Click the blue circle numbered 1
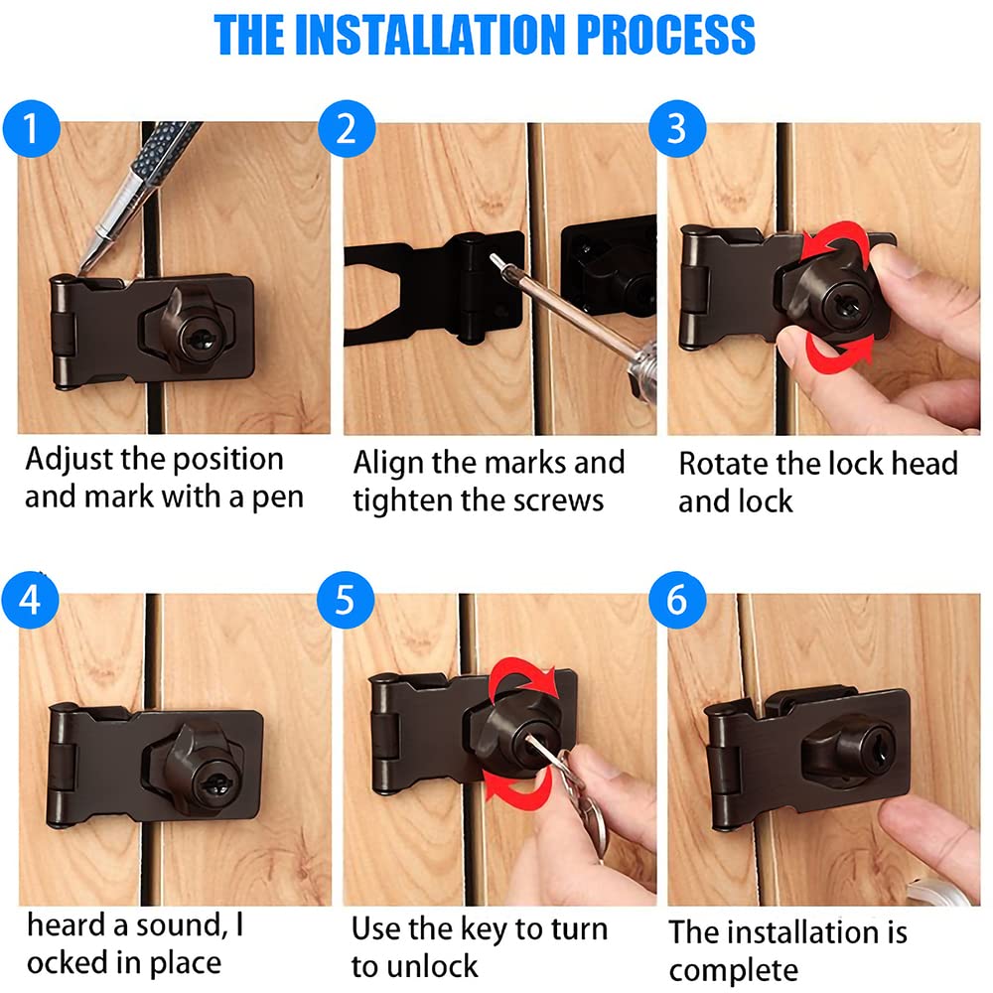(31, 128)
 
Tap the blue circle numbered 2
(347, 128)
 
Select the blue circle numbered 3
(677, 128)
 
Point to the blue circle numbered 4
(31, 600)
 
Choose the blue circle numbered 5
(346, 600)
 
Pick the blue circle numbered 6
(677, 600)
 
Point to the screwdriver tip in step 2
(494, 258)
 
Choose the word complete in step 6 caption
(734, 971)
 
